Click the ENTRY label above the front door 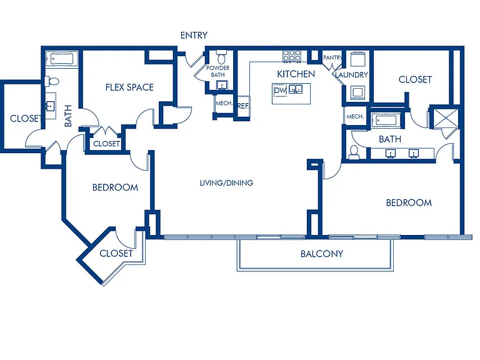point(194,36)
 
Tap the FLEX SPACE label point(129,87)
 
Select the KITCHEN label point(296,74)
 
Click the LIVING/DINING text point(226,183)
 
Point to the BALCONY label point(322,254)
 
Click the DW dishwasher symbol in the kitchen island point(280,90)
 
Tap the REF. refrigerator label point(243,106)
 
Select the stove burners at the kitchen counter point(291,56)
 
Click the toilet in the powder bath point(221,57)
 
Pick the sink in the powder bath point(222,85)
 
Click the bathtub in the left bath point(62,59)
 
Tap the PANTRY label point(332,57)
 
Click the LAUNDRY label point(351,75)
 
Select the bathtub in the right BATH point(386,120)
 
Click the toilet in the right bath point(354,152)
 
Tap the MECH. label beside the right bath point(355,117)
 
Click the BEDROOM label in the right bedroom point(409,203)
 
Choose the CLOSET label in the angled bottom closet point(116,254)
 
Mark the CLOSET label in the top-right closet point(415,79)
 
